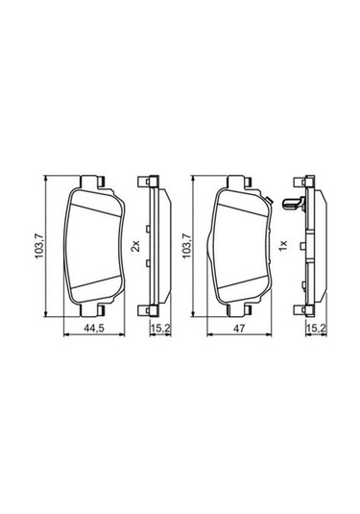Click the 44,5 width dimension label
coord(94,328)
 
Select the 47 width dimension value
coord(239,328)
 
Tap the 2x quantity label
coord(135,246)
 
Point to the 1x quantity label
coord(282,245)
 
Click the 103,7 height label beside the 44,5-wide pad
coord(40,246)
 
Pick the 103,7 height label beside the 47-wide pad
coord(186,246)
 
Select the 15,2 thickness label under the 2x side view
coord(160,328)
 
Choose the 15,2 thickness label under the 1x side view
coord(316,328)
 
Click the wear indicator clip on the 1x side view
coord(294,204)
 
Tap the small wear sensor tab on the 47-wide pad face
coord(268,199)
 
